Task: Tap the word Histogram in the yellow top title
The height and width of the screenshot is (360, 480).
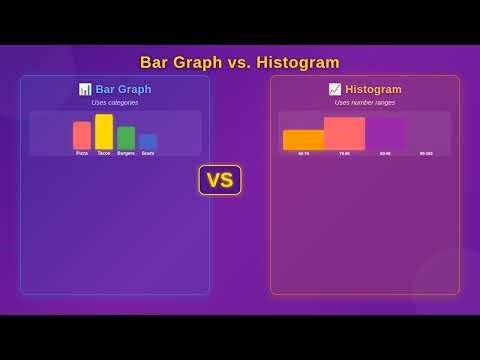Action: click(298, 62)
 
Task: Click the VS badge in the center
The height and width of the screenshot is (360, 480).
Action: click(220, 180)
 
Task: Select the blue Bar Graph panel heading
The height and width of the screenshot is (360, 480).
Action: click(123, 89)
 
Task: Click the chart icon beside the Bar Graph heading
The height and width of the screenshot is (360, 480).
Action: click(85, 89)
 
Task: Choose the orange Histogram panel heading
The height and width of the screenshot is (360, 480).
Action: click(373, 89)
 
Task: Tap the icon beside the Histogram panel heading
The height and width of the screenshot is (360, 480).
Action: click(335, 89)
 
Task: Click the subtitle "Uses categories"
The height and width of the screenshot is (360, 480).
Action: click(115, 102)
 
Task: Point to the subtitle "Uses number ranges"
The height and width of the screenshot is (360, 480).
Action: click(365, 102)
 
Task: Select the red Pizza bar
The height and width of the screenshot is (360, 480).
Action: click(82, 135)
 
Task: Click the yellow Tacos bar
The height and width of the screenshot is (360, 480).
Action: click(104, 132)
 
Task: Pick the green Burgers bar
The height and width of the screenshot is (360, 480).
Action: click(126, 138)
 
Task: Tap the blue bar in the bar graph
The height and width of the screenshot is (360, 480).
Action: click(148, 142)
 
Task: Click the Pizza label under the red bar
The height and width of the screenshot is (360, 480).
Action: click(82, 153)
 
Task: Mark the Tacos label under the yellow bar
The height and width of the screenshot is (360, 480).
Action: click(104, 153)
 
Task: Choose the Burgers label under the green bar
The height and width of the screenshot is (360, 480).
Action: click(126, 153)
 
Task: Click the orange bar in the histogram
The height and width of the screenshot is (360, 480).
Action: click(303, 140)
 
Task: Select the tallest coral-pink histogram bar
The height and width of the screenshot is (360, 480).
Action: click(344, 134)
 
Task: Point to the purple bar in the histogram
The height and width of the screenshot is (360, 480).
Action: click(385, 135)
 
